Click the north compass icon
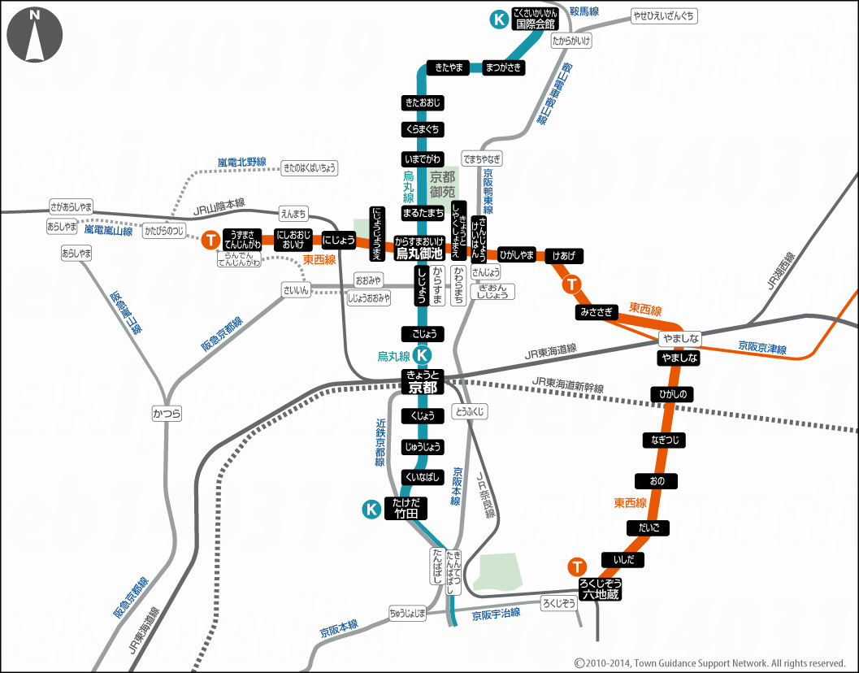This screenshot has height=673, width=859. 34,35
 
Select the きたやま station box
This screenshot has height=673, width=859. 449,67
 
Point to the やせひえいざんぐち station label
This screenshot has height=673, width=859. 664,15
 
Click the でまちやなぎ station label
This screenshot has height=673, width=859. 482,158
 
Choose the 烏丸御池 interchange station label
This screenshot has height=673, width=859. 419,247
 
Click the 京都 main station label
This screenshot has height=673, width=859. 423,381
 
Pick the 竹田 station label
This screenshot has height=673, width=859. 406,508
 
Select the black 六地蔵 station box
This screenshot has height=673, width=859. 600,588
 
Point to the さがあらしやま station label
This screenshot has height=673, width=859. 72,206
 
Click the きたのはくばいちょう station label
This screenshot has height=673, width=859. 309,168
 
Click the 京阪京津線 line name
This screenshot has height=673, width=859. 762,348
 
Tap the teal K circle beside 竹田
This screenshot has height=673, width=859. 371,509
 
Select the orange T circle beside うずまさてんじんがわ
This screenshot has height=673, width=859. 210,240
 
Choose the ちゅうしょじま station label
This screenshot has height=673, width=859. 407,613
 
